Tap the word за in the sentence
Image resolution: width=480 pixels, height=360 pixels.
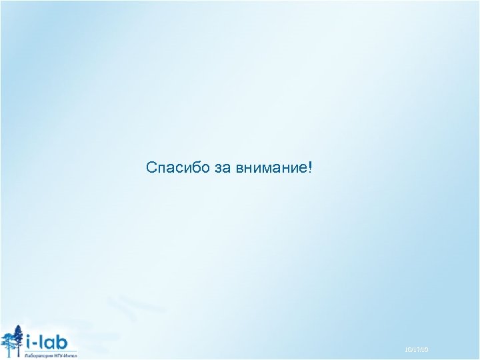click(x=223, y=167)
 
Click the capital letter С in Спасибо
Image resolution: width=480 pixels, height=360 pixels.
click(x=151, y=167)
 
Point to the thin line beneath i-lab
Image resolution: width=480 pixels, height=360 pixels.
click(x=51, y=351)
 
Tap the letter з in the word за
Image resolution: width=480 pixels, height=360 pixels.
click(x=219, y=168)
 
